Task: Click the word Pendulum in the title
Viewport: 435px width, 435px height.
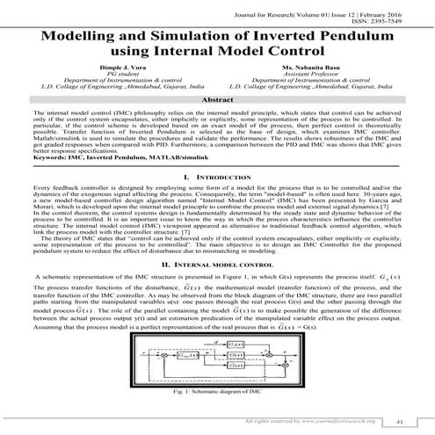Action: tap(369, 39)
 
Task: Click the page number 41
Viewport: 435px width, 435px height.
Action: tap(399, 422)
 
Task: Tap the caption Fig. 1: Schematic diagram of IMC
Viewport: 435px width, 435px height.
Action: tap(216, 391)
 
